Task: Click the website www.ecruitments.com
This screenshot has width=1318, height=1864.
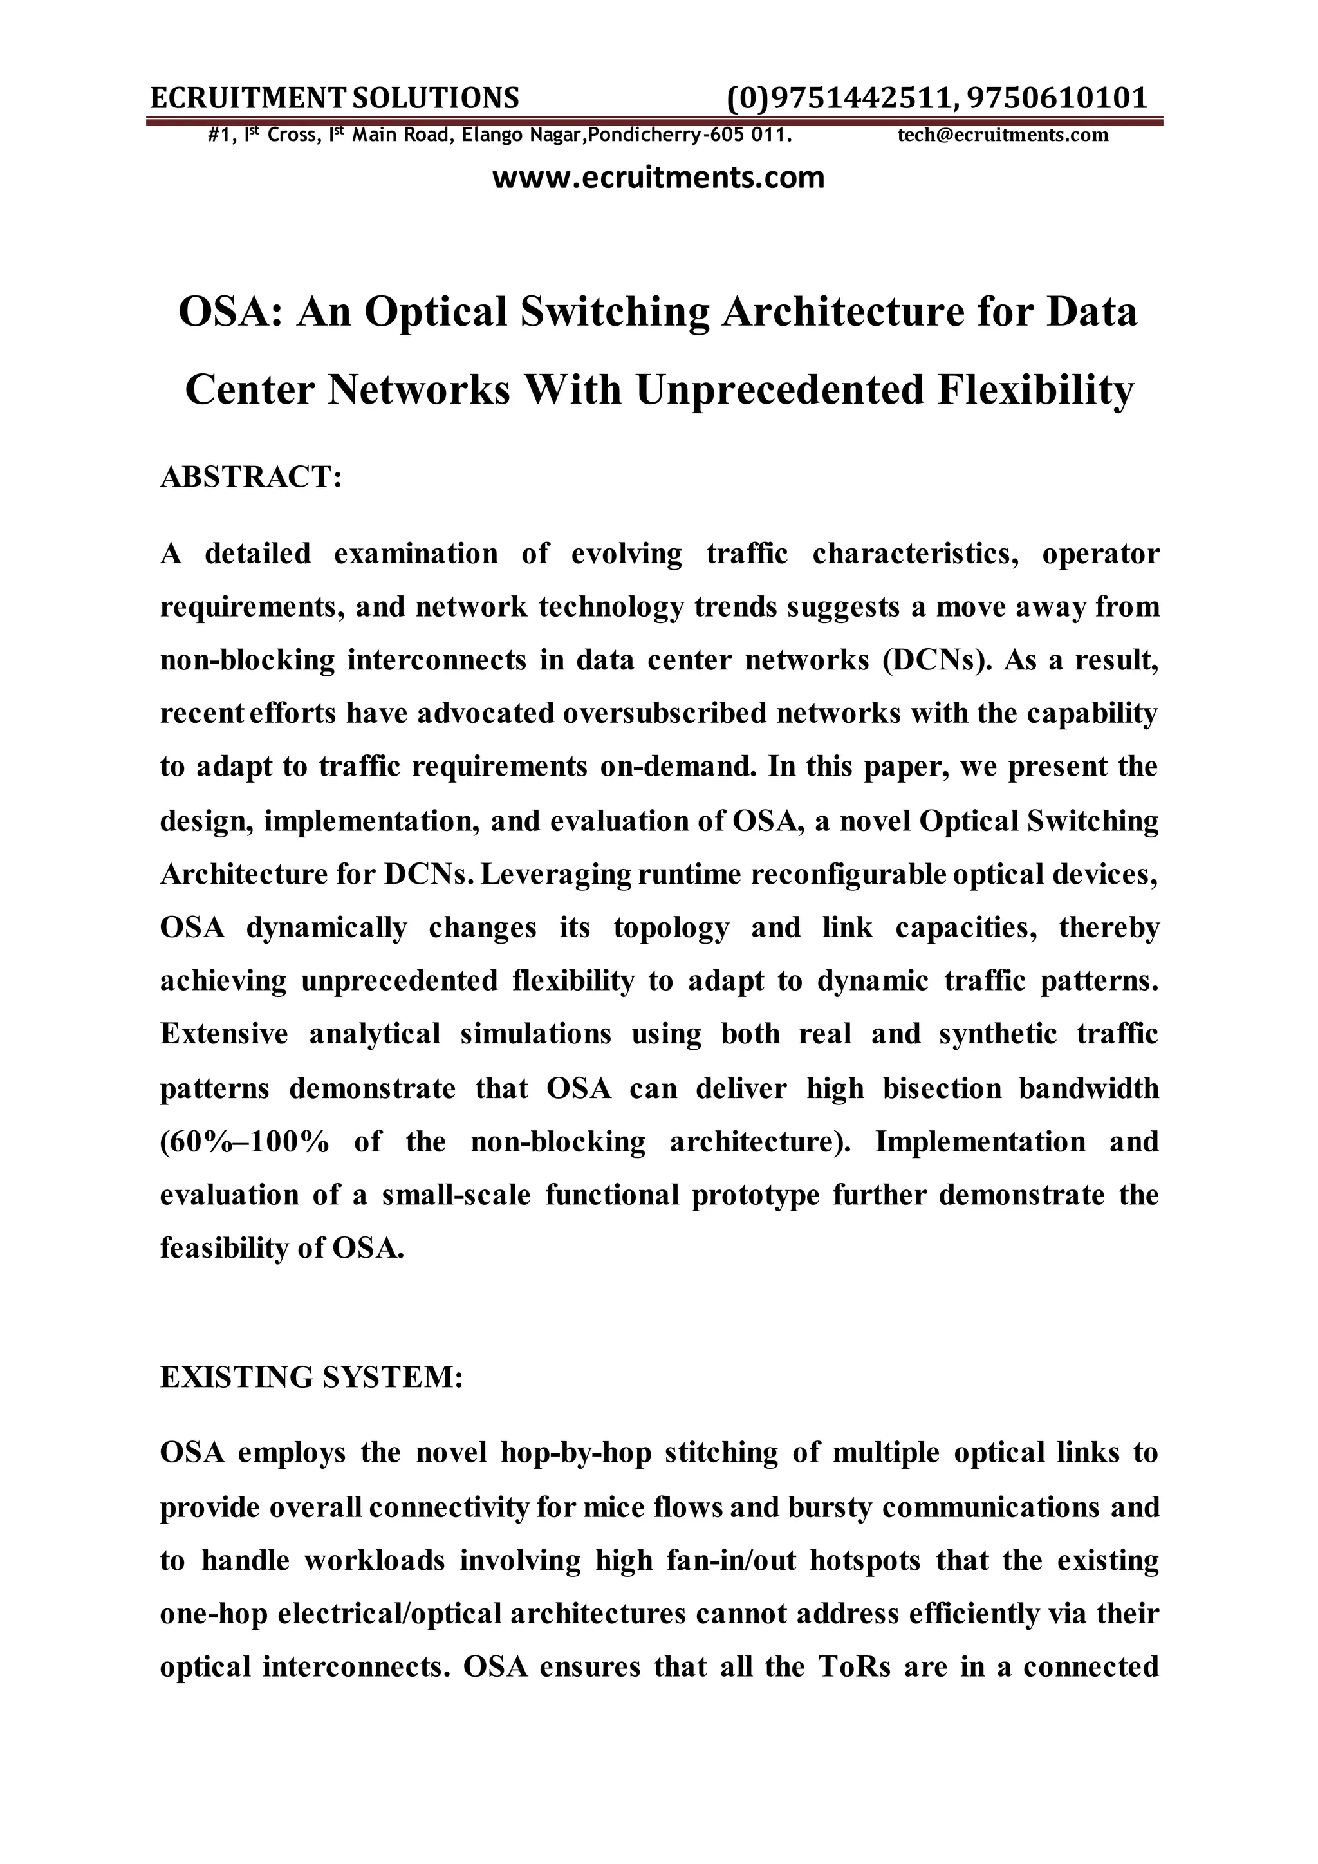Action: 658,177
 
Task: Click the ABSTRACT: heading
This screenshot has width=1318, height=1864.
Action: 251,476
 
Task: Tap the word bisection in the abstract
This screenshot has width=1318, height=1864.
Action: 942,1088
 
